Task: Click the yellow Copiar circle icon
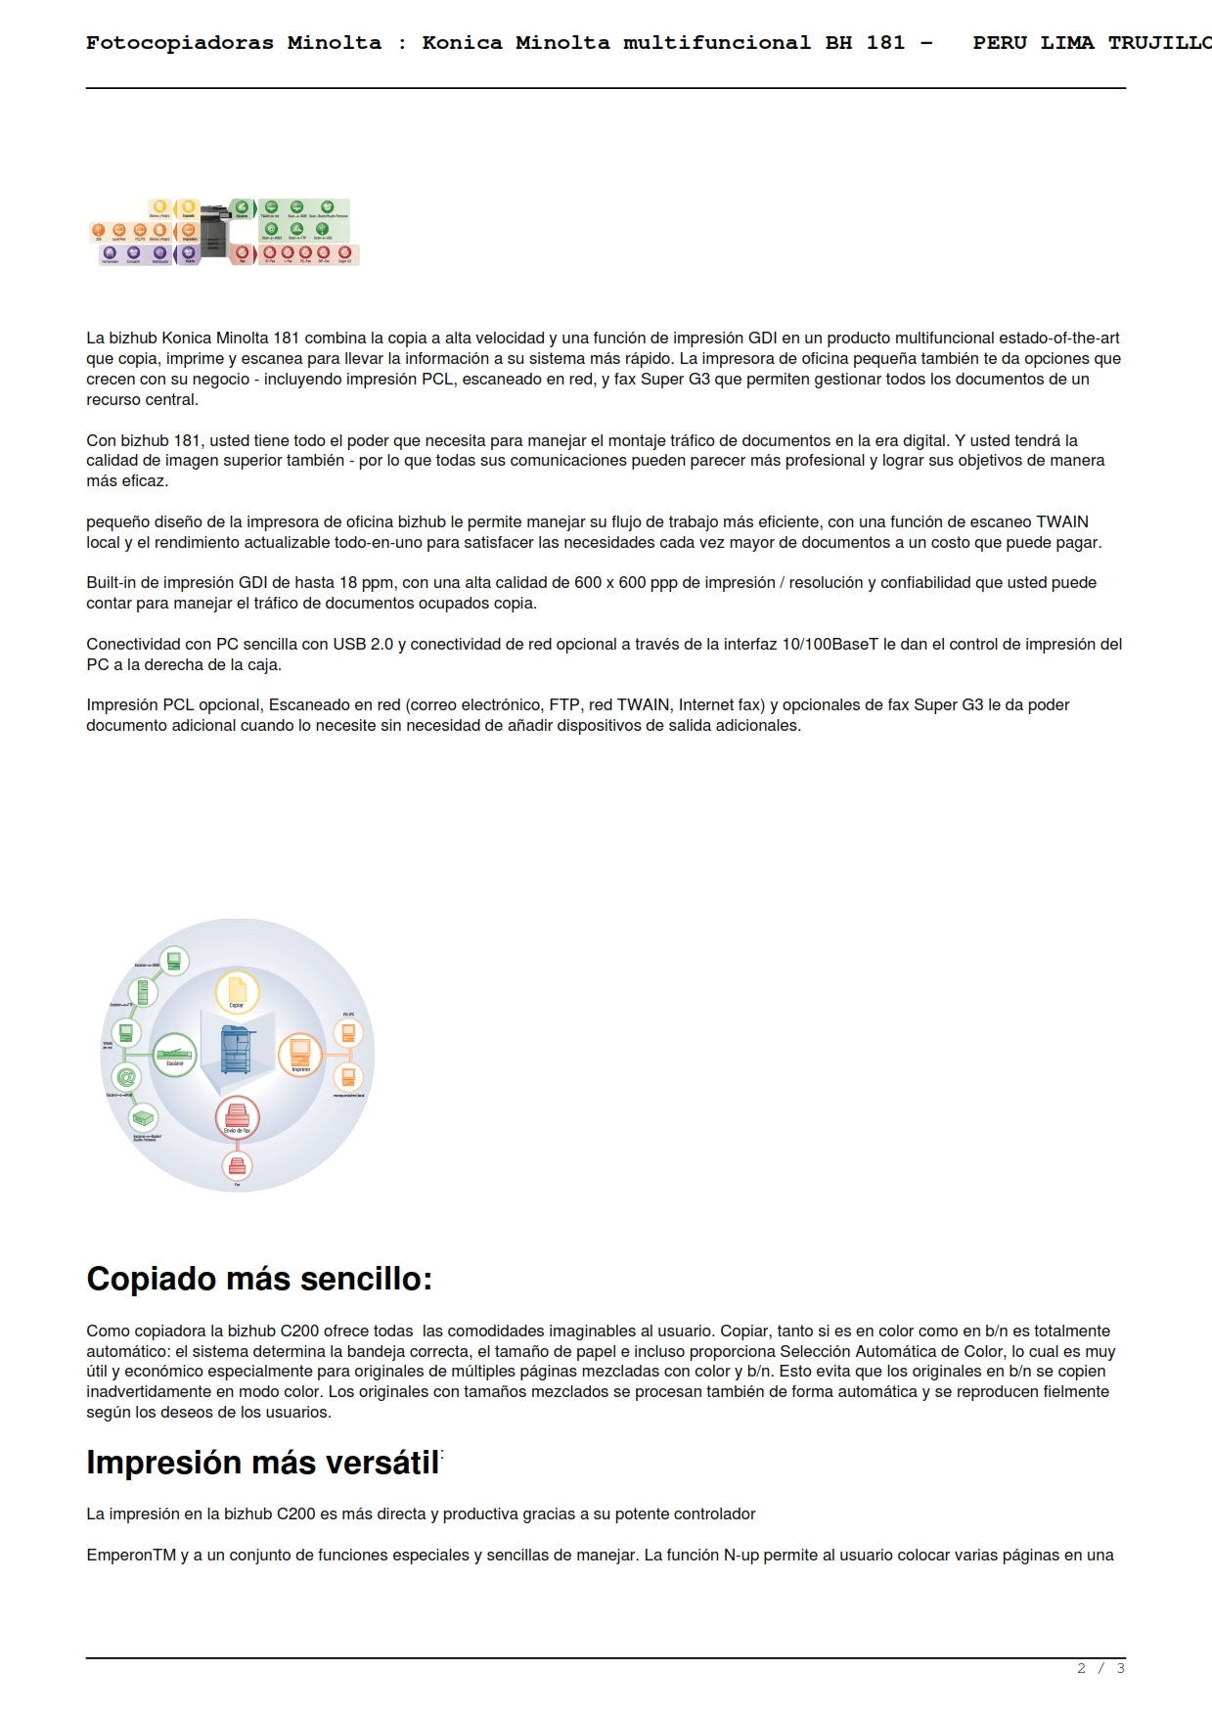(x=237, y=991)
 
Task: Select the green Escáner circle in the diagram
(x=175, y=1055)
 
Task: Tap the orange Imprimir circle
(x=300, y=1055)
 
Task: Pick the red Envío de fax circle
(x=237, y=1117)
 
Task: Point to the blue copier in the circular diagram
(x=236, y=1051)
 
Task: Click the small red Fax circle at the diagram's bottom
(x=237, y=1165)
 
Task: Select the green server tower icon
(x=143, y=992)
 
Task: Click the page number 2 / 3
(x=1100, y=1668)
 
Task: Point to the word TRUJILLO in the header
(x=1159, y=43)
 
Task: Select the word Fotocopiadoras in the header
(x=180, y=43)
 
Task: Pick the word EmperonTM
(x=131, y=1555)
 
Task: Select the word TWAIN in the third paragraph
(x=1061, y=521)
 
